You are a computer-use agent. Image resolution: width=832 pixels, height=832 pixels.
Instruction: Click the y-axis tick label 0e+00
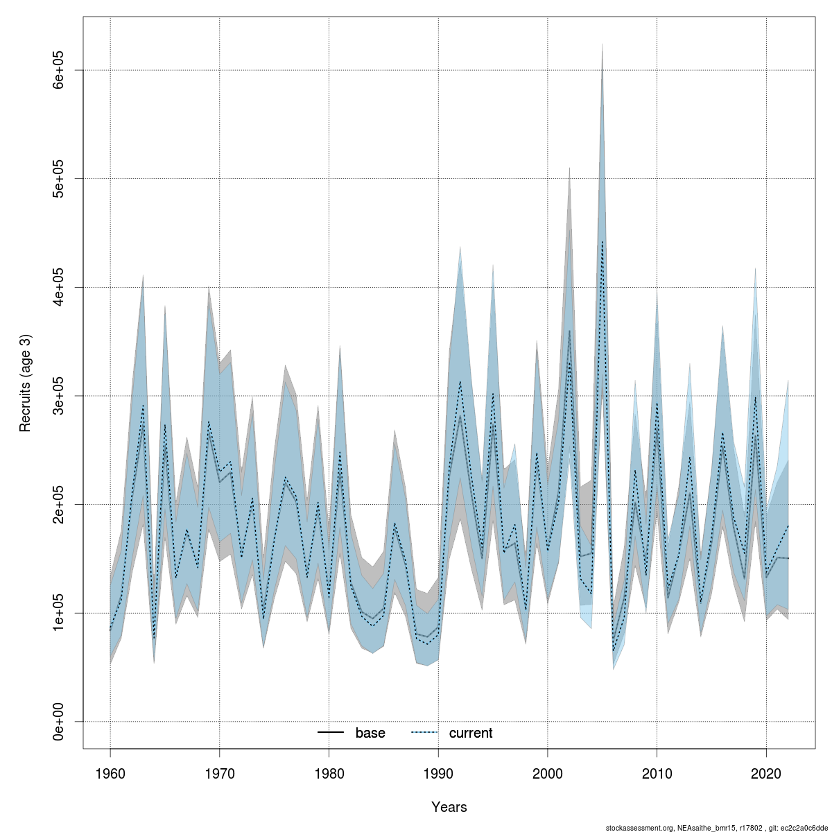click(x=60, y=722)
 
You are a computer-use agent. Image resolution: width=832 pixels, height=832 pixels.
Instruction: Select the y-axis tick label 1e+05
click(x=60, y=613)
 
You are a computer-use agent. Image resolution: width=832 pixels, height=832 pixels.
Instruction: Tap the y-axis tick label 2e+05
click(x=60, y=504)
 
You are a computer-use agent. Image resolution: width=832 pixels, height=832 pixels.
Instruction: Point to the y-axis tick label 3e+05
click(x=60, y=396)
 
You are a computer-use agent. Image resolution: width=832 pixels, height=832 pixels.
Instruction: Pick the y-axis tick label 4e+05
click(x=60, y=287)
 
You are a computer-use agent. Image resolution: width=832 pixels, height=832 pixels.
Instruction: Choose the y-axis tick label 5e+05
click(x=60, y=179)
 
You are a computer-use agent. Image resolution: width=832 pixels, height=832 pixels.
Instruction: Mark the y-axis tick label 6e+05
click(x=60, y=70)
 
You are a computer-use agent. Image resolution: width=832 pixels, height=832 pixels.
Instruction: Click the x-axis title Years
click(x=449, y=807)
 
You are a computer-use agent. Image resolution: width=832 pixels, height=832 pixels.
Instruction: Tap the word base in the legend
click(x=370, y=733)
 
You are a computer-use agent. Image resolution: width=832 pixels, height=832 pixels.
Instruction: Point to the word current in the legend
click(x=471, y=733)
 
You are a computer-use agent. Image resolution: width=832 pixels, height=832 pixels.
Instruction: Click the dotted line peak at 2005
click(x=602, y=241)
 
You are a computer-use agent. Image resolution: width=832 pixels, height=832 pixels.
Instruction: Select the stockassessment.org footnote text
click(x=718, y=827)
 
